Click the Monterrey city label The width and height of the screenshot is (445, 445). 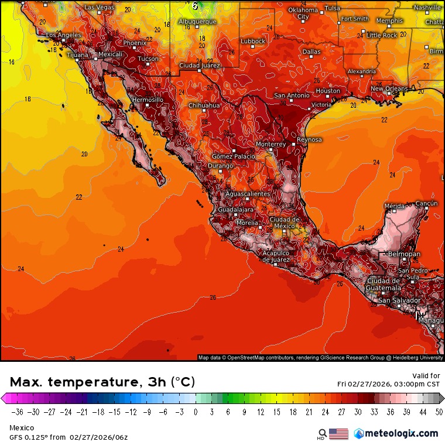pyautogui.click(x=271, y=144)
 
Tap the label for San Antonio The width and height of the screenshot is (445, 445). pyautogui.click(x=291, y=95)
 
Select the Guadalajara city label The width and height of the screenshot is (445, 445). pyautogui.click(x=236, y=210)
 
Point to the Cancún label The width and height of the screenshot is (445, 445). pyautogui.click(x=426, y=203)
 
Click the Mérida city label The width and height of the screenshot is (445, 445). pyautogui.click(x=394, y=206)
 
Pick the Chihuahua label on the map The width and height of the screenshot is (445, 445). pyautogui.click(x=204, y=106)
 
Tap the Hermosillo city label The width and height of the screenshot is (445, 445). pyautogui.click(x=148, y=100)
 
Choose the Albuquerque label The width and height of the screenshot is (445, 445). pyautogui.click(x=197, y=22)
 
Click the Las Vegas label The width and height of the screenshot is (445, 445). pyautogui.click(x=100, y=7)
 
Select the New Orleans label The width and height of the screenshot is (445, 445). pyautogui.click(x=389, y=89)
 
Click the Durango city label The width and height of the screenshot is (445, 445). pyautogui.click(x=221, y=167)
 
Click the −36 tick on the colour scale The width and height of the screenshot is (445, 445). pyautogui.click(x=17, y=412)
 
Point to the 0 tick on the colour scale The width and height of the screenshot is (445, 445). pyautogui.click(x=196, y=412)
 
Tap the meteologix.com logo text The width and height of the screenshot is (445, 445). pyautogui.click(x=401, y=433)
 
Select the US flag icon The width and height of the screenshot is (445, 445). pyautogui.click(x=338, y=434)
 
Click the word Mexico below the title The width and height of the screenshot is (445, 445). pyautogui.click(x=21, y=428)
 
